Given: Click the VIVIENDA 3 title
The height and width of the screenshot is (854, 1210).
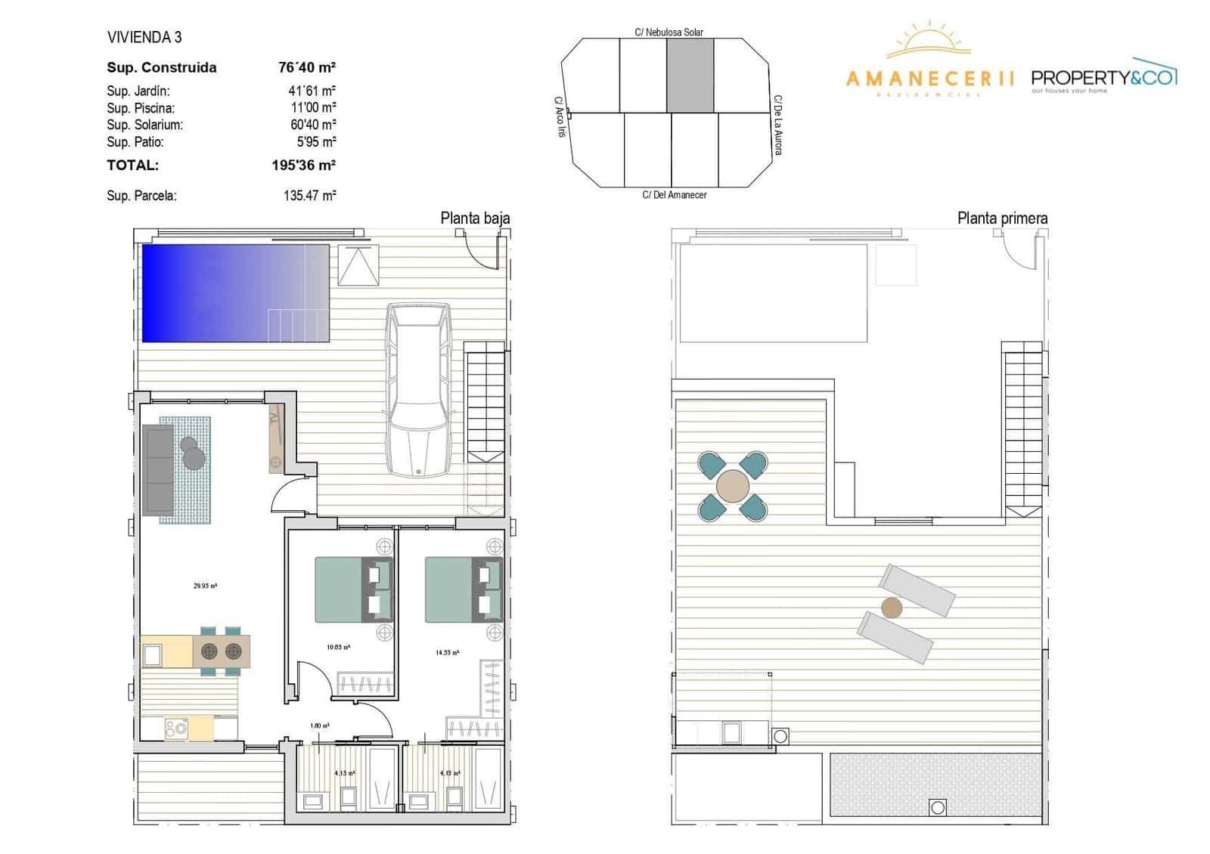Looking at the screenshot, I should tap(144, 37).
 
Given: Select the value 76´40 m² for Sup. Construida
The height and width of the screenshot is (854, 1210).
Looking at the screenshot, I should tap(306, 67).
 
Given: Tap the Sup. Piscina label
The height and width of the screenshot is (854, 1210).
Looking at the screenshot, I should tap(141, 108).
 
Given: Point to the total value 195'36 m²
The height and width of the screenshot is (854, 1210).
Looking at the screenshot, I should tap(303, 165).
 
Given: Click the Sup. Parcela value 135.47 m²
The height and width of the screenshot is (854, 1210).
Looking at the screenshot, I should tap(309, 195).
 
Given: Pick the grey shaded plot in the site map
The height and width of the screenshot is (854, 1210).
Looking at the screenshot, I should tap(690, 76).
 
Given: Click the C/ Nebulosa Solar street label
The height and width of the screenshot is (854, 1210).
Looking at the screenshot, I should tap(669, 32).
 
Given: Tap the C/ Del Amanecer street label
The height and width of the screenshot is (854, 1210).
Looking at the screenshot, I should tap(675, 195).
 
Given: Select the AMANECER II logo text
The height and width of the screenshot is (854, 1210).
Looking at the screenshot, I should tap(929, 79).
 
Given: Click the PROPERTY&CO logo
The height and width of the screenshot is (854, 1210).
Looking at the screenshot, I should tap(1104, 78).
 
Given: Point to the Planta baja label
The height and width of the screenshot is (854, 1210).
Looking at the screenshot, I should tap(475, 218).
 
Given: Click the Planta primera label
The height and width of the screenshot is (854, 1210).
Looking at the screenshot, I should tap(1002, 218).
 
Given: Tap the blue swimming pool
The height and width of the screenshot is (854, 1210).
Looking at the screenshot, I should tap(235, 292).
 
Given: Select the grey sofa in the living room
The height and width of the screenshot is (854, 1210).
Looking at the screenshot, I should tap(158, 469).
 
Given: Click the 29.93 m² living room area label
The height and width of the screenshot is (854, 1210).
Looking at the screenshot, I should tap(205, 586).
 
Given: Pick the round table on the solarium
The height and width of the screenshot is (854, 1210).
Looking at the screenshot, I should tap(732, 486).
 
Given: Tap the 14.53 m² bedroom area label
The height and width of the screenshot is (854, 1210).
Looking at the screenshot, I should tap(446, 652).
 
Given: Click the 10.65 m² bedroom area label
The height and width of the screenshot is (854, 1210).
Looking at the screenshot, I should tap(338, 647).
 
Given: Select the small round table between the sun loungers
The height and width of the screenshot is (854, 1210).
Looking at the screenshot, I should tap(892, 607).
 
